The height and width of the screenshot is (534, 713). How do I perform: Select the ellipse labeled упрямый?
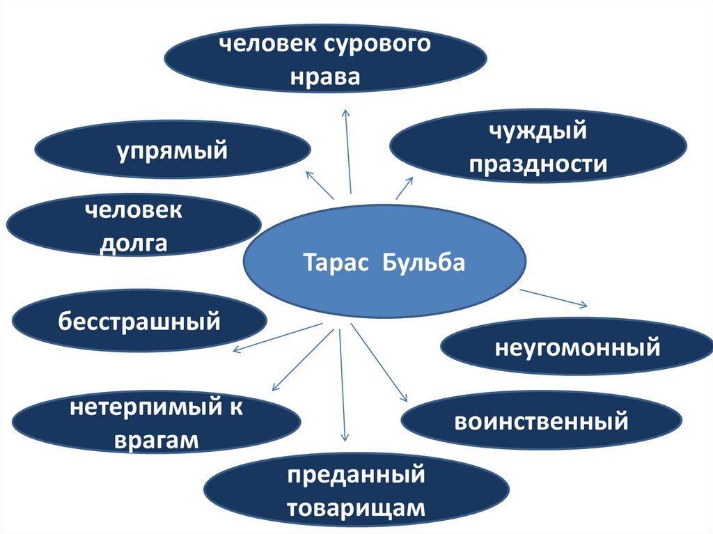172,150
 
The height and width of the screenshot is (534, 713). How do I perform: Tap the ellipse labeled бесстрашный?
139,322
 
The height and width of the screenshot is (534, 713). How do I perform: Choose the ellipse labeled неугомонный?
577,346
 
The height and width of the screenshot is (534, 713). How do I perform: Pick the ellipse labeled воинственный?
541,421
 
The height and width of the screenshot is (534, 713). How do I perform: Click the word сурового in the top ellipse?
377,45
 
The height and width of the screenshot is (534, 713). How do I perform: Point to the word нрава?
325,77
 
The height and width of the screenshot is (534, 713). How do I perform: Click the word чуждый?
538,131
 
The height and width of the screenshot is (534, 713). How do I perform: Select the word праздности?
538,164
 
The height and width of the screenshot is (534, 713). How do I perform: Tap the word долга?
134,243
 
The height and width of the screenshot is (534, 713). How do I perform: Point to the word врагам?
157,440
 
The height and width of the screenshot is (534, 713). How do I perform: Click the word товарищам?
356,508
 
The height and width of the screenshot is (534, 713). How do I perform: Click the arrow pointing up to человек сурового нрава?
348,150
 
